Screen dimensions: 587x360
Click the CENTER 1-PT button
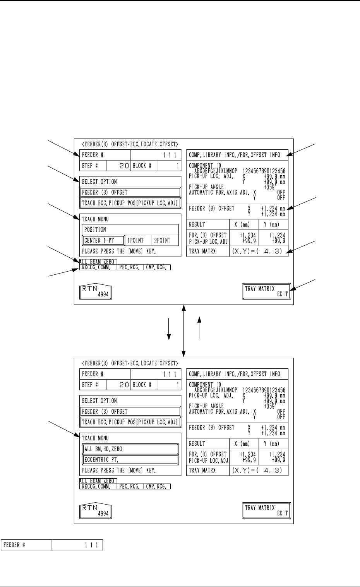click(x=103, y=240)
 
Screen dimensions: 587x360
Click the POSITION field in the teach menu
click(x=130, y=229)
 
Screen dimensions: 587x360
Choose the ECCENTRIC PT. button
click(x=130, y=460)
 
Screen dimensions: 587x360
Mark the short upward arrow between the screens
click(x=200, y=328)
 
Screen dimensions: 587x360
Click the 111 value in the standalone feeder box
click(x=77, y=545)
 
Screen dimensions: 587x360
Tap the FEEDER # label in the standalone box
click(x=27, y=545)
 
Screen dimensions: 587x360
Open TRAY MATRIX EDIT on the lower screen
click(x=266, y=511)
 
